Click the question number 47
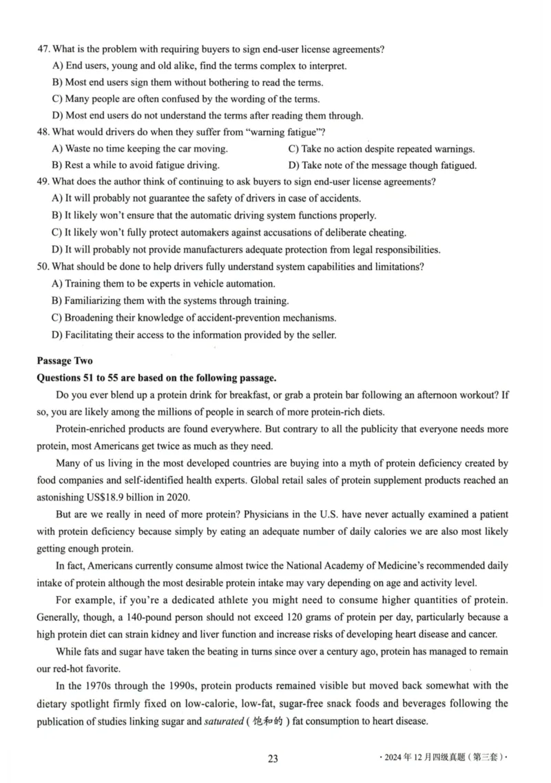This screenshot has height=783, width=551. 43,49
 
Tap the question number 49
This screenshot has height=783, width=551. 43,182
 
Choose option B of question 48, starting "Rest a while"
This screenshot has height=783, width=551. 136,165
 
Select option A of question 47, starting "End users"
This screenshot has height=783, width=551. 199,66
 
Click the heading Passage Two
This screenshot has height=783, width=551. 65,360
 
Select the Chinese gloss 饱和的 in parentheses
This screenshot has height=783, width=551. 264,720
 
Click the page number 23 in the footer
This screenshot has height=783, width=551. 273,759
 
